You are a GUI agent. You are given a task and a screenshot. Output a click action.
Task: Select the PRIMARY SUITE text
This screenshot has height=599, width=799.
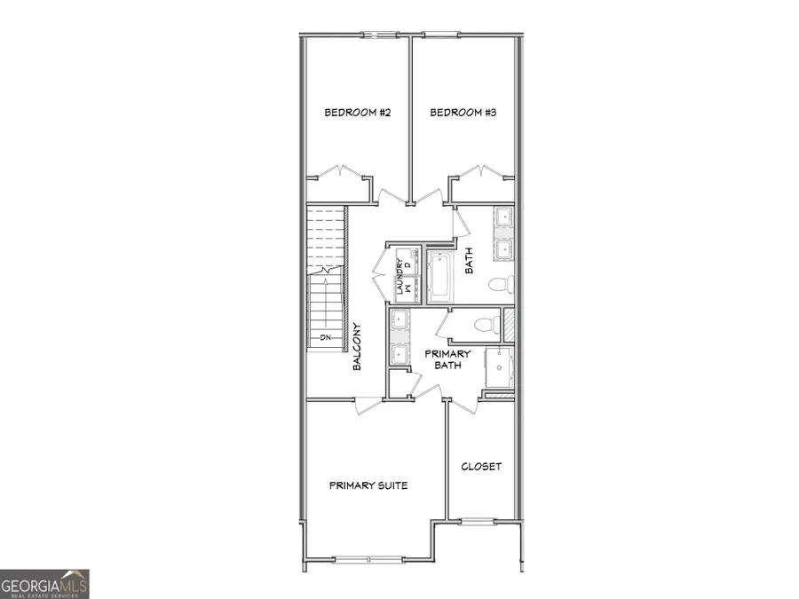[x=368, y=485]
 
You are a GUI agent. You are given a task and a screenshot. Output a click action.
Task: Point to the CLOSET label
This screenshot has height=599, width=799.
[x=481, y=467]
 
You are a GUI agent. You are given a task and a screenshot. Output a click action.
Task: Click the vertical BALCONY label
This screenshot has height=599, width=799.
[x=358, y=346]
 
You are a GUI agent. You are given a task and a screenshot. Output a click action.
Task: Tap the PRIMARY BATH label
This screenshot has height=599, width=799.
[x=447, y=360]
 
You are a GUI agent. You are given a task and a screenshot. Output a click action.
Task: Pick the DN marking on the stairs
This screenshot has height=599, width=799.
[x=325, y=338]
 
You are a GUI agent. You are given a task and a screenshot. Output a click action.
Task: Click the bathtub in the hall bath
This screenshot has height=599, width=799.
[x=439, y=275]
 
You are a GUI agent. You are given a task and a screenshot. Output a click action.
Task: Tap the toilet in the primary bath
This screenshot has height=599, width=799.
[x=484, y=325]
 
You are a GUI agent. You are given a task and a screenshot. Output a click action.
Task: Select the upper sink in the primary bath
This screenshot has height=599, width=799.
[x=399, y=320]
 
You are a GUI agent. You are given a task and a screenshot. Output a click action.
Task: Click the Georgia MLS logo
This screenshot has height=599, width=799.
[x=44, y=584]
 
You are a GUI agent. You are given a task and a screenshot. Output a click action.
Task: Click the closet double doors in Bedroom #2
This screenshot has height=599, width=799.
[x=341, y=171]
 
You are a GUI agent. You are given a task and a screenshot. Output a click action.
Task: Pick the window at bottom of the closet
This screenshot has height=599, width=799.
[x=479, y=521]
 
